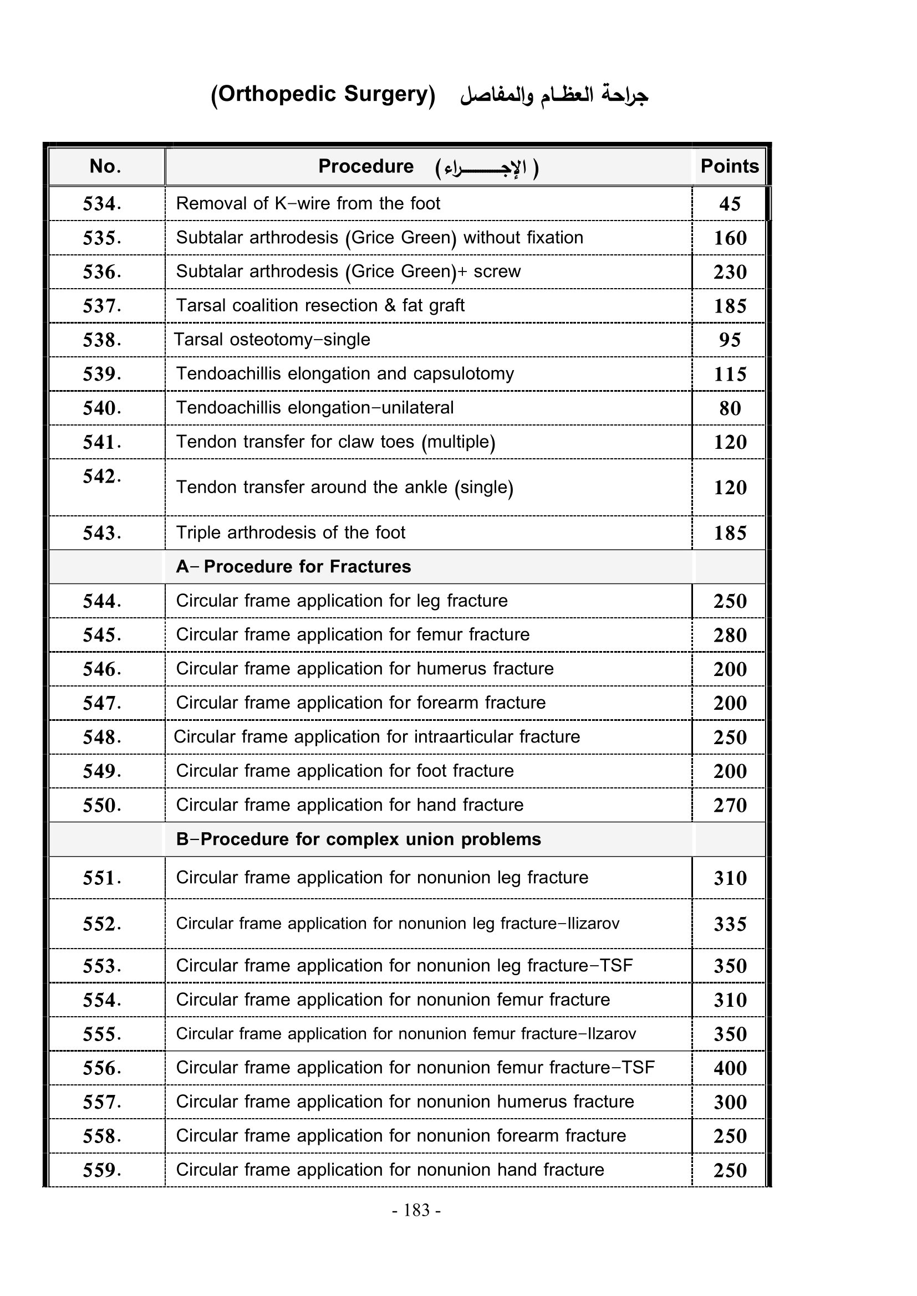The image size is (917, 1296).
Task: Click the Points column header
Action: pos(729,167)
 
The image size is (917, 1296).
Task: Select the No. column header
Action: pos(105,167)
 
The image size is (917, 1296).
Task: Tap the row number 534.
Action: pos(101,204)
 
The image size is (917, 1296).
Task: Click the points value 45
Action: pos(730,204)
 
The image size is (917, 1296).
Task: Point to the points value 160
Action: pos(730,238)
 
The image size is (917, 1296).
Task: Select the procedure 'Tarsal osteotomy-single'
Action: pos(272,340)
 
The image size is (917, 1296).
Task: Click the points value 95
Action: pos(730,340)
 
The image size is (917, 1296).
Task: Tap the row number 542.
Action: pos(101,477)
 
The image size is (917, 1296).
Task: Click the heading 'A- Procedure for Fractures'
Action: pos(293,567)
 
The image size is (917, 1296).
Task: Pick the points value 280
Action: pos(730,635)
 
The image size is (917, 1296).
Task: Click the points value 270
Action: pos(730,805)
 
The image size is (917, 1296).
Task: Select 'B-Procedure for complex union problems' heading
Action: pos(358,839)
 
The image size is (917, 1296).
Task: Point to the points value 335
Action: pos(730,924)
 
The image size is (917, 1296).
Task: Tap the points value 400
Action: pos(730,1068)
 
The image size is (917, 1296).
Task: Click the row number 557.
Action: pos(101,1102)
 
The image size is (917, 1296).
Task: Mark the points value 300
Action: pos(730,1102)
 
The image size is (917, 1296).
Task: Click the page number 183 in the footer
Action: pos(417,1210)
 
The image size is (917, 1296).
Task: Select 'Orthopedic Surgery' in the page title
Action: pos(323,94)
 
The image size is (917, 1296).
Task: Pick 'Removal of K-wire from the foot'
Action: pos(308,204)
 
